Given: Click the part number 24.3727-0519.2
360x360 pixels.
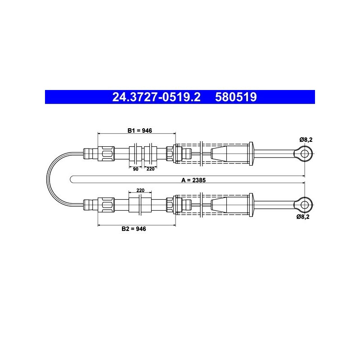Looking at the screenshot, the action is (x=156, y=97).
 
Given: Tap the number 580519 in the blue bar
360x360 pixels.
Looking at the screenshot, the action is (x=236, y=97).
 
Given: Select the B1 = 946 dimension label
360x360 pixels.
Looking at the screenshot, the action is (x=139, y=130).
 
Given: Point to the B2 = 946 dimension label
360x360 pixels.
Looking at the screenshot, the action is (x=134, y=229).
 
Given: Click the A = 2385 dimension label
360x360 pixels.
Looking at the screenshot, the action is (x=193, y=180).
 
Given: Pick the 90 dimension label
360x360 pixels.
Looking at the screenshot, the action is (x=136, y=169).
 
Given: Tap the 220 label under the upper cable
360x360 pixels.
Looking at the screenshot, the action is (x=150, y=169).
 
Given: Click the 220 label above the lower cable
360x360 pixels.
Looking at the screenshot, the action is (x=140, y=190).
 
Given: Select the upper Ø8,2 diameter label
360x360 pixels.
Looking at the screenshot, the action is (x=306, y=139).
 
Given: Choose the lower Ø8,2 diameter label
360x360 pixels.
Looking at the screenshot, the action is (x=303, y=216).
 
